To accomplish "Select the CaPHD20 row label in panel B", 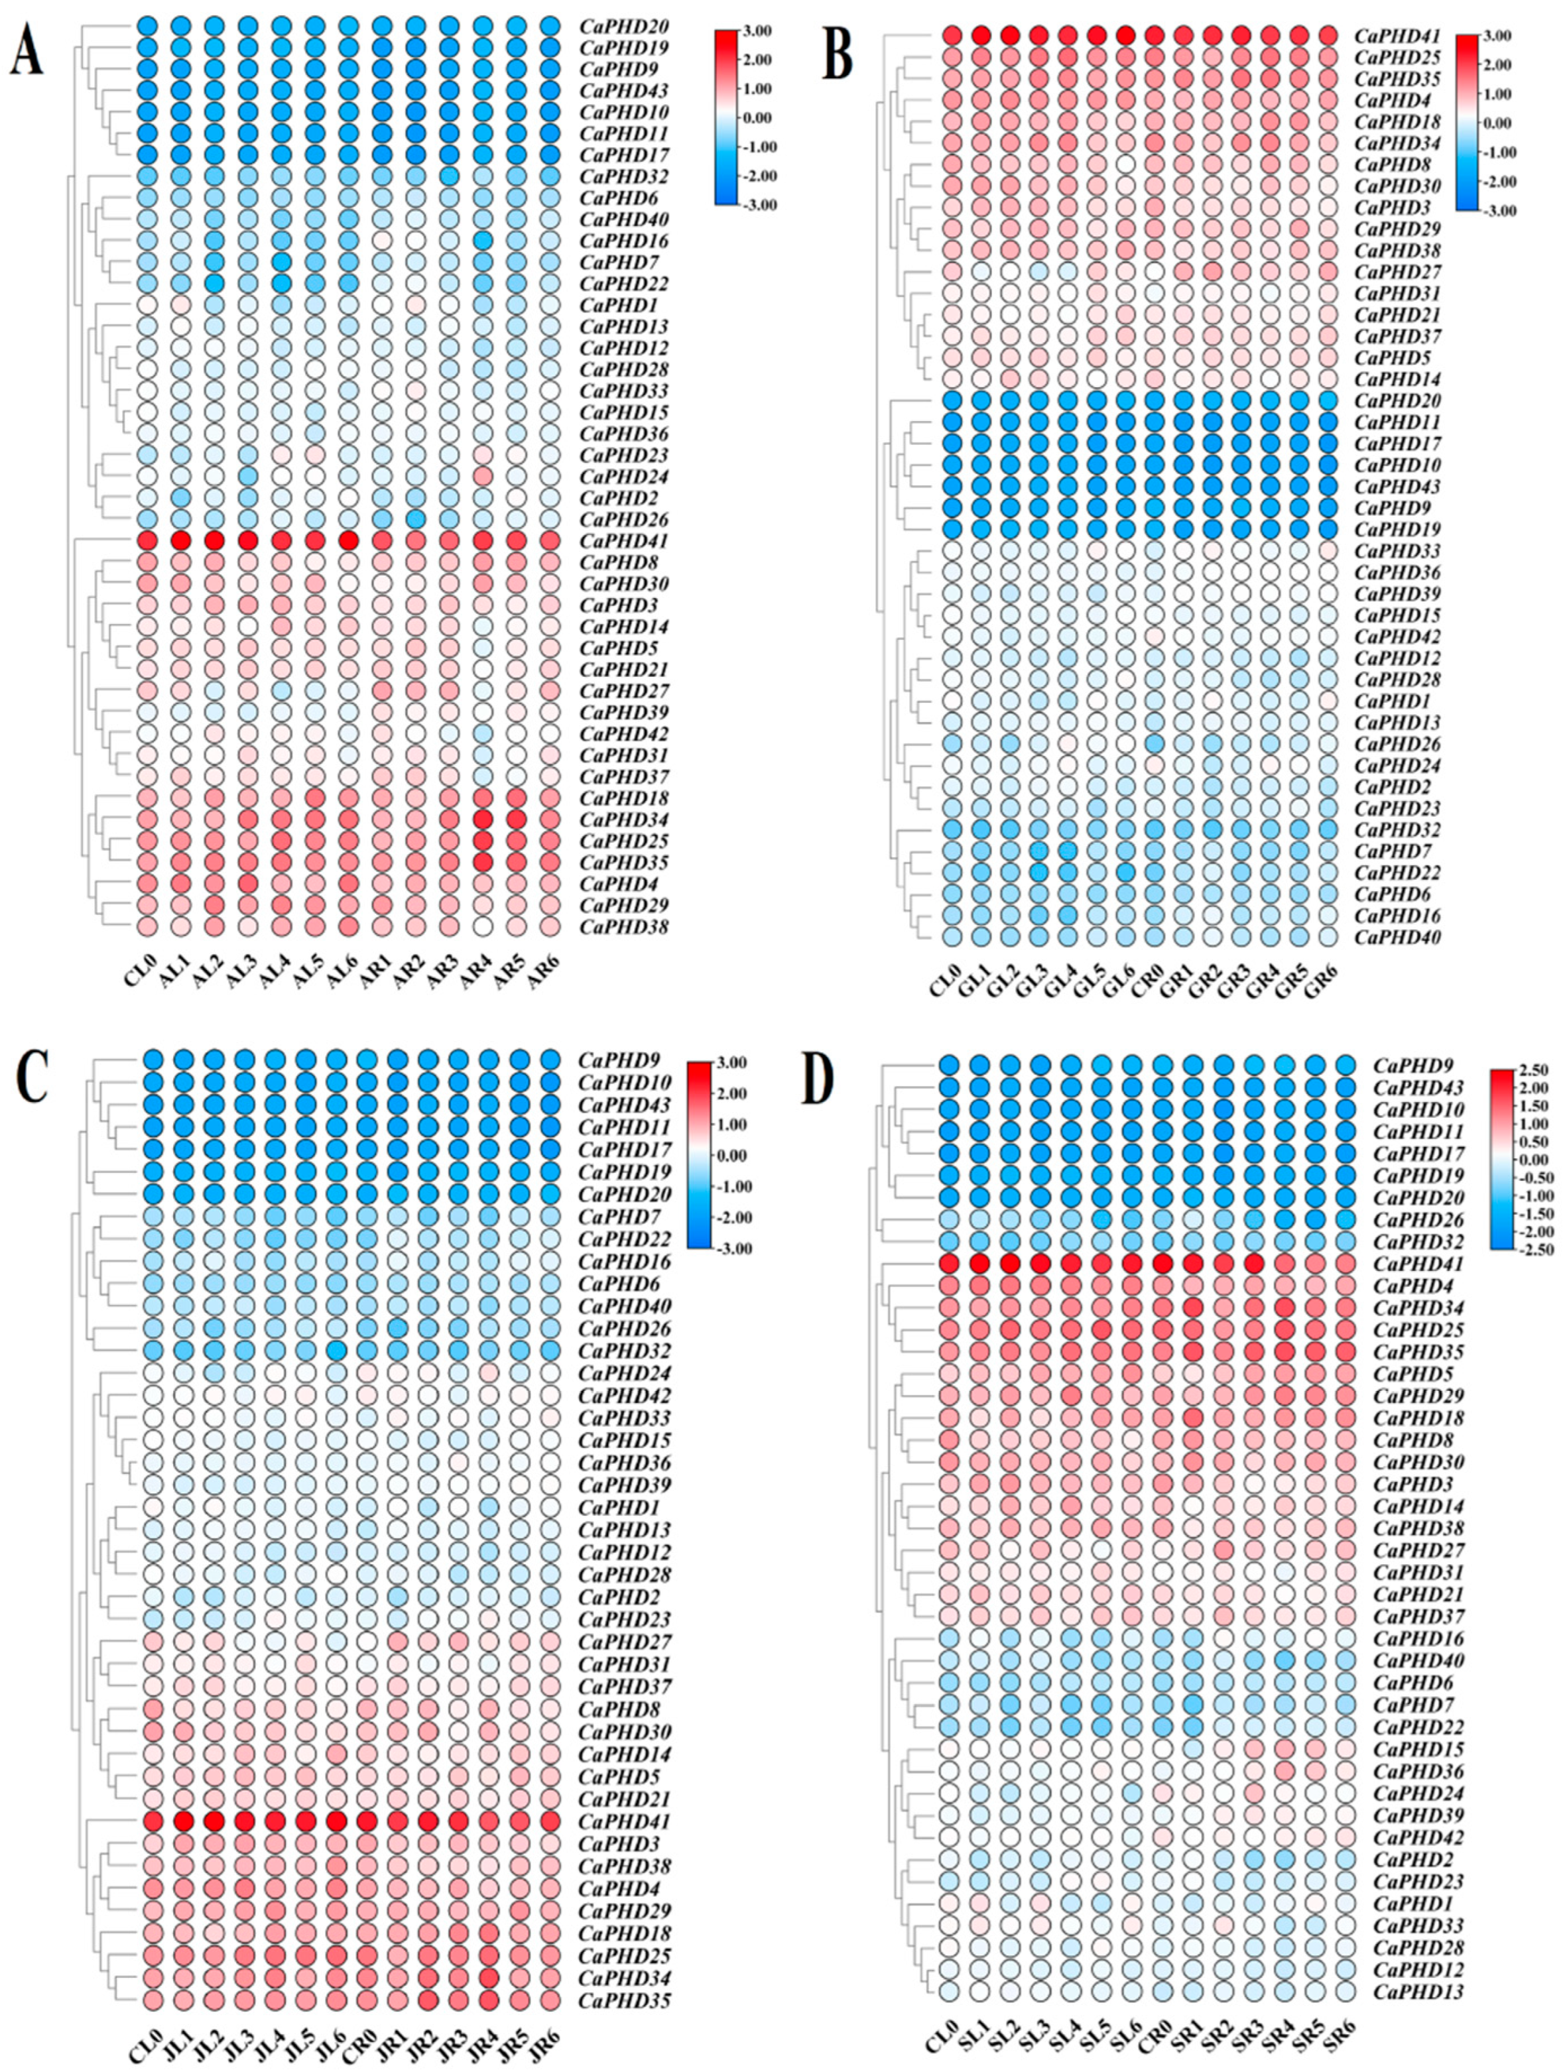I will coord(1396,401).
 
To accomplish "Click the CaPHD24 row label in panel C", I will coord(623,1373).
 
